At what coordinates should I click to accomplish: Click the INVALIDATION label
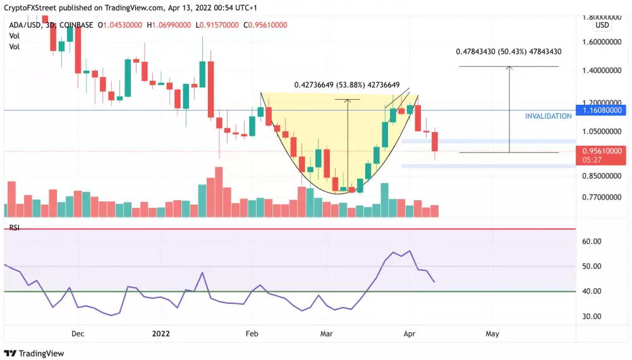(x=548, y=116)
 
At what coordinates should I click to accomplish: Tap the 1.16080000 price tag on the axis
(x=603, y=110)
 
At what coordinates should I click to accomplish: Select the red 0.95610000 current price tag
(x=603, y=151)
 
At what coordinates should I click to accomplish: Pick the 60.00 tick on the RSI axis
(x=592, y=241)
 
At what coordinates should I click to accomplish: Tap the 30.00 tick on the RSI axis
(x=592, y=316)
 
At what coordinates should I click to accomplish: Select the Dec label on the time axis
(x=78, y=333)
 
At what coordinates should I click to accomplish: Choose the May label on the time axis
(x=493, y=333)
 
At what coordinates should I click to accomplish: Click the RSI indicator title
(x=14, y=227)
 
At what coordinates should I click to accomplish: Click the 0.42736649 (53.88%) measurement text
(x=346, y=85)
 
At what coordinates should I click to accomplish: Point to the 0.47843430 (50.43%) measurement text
(x=509, y=52)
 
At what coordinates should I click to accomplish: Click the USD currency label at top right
(x=602, y=26)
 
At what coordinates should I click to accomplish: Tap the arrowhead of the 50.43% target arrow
(x=509, y=68)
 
